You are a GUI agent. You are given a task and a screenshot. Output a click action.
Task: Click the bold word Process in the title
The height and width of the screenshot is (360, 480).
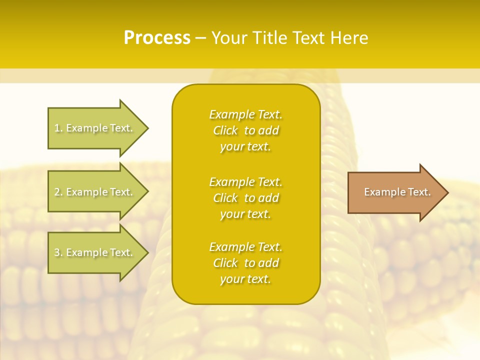[157, 38]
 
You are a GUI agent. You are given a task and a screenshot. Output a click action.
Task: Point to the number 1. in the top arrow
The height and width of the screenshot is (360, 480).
[58, 128]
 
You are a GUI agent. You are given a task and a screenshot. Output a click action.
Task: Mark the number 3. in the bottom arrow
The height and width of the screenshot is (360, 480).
[58, 253]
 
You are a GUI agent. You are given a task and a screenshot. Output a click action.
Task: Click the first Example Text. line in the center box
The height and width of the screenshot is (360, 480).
[245, 114]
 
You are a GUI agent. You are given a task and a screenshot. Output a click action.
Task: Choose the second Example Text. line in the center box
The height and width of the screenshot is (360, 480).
[245, 182]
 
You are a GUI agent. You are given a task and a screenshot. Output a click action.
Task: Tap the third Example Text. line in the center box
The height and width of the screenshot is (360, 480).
[245, 247]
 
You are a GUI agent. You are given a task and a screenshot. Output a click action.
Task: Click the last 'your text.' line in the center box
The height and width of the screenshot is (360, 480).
[245, 279]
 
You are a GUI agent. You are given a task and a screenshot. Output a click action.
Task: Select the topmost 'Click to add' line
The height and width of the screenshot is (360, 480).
[245, 131]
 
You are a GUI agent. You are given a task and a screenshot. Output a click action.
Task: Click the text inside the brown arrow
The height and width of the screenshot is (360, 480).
[397, 192]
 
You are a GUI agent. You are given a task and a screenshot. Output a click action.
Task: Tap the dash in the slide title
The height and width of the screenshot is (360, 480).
[201, 38]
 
